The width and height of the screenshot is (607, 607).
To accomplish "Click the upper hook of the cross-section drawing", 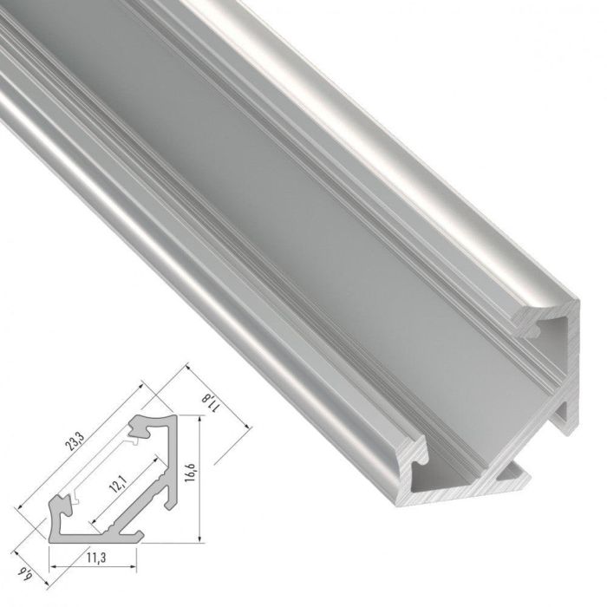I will click(139, 428).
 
